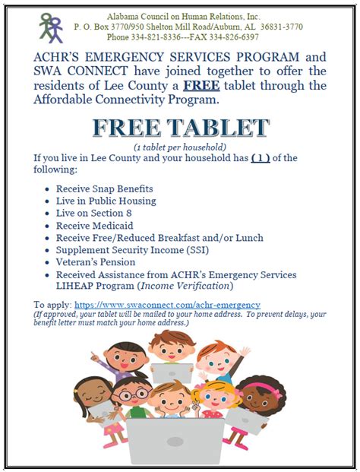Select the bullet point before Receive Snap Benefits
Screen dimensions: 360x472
(x=49, y=188)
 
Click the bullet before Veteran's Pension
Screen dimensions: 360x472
(x=49, y=262)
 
